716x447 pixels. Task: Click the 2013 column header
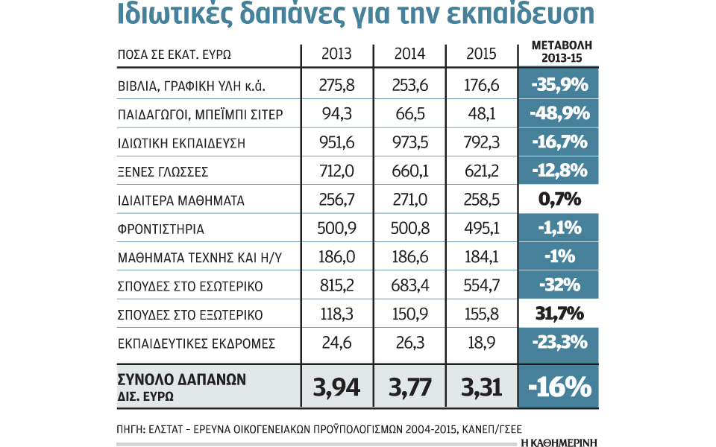coord(336,54)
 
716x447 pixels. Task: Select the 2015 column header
coord(481,54)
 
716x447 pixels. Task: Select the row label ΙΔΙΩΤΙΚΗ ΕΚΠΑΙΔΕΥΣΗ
coord(182,142)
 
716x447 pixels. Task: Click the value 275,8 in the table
coord(336,85)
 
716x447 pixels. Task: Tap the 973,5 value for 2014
coord(409,142)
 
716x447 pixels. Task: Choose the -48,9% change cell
coord(560,114)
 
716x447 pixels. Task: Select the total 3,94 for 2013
coord(336,387)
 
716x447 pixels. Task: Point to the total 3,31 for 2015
coord(481,387)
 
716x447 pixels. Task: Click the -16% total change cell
coord(560,387)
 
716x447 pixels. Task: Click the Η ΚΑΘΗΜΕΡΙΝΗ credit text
coord(559,442)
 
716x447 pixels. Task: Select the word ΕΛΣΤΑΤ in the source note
coord(170,429)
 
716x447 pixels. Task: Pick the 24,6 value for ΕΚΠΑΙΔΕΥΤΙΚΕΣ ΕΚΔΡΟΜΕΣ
coord(336,343)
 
